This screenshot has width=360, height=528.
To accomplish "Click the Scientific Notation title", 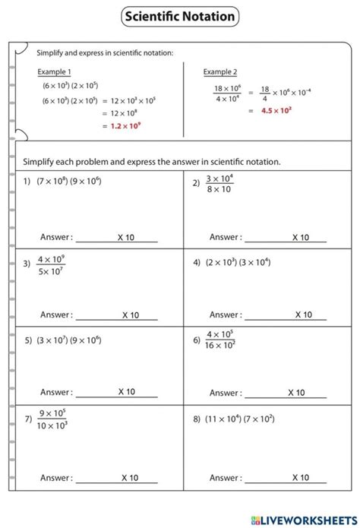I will pos(179,16).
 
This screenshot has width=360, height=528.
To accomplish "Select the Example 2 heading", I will pos(220,71).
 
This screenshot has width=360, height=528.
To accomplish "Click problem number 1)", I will pos(27,182).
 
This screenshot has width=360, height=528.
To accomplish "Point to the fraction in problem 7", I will pos(52,419).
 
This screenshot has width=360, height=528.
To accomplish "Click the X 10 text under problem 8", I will pos(300,478).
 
